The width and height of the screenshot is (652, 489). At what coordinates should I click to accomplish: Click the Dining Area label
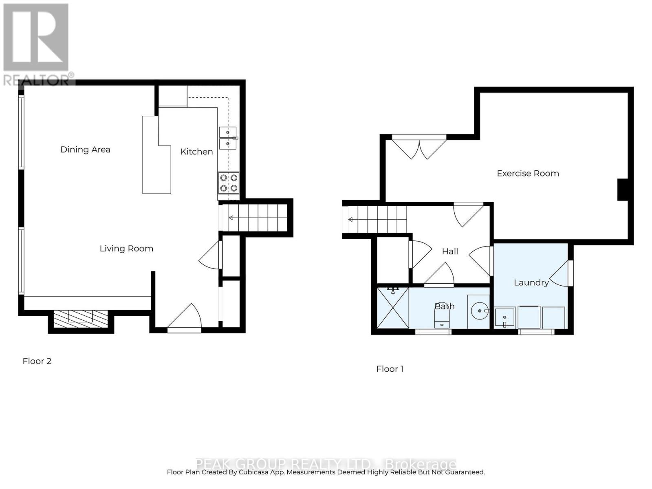(85, 149)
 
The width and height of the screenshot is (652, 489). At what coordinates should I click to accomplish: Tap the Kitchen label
(197, 152)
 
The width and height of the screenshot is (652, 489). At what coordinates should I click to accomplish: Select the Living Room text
(126, 249)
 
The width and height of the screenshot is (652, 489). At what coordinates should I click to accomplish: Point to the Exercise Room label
(528, 173)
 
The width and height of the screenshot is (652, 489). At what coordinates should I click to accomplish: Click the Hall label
(450, 251)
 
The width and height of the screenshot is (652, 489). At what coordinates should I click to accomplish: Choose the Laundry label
(531, 283)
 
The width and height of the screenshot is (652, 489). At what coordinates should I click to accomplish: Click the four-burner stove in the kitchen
(229, 183)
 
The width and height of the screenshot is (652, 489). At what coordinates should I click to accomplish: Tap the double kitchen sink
(228, 138)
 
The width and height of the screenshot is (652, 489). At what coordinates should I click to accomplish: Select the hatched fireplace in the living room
(81, 319)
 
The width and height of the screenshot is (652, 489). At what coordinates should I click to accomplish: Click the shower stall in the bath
(393, 308)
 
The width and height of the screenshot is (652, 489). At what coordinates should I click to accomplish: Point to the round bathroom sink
(480, 311)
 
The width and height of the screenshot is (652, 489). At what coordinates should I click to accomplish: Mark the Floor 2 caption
(37, 361)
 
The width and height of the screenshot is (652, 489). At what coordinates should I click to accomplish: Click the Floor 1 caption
(390, 369)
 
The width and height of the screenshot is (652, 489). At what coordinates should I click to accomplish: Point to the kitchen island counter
(156, 155)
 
